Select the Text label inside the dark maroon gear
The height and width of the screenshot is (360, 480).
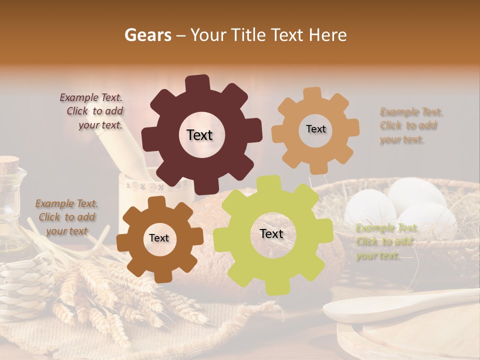[x=199, y=135]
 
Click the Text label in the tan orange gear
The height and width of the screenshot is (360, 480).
[x=315, y=129]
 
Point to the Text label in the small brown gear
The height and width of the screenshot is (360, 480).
[x=159, y=238]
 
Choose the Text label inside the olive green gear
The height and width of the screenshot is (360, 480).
[x=271, y=233]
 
